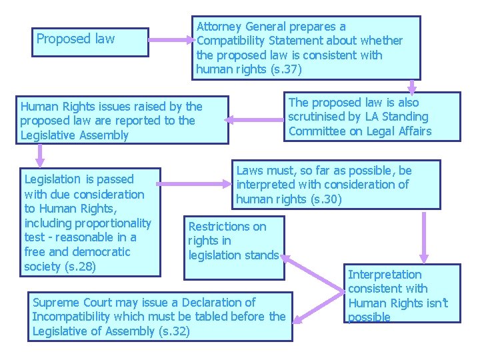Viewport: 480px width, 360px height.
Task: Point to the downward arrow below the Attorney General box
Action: [x=413, y=86]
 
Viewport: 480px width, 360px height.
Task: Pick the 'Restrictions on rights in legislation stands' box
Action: [x=233, y=241]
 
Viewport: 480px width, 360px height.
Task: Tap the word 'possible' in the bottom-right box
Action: [x=369, y=317]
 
